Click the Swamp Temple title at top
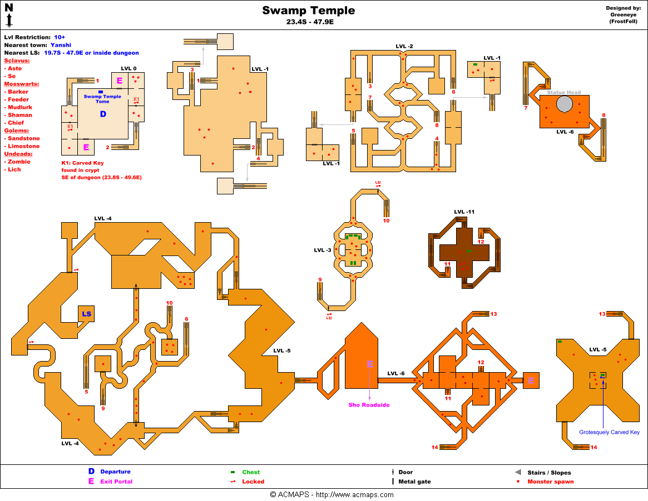click(x=308, y=11)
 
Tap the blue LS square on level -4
click(x=87, y=314)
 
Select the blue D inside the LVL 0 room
click(x=102, y=114)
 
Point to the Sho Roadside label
click(x=369, y=405)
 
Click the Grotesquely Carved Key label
click(x=609, y=432)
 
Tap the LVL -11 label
click(x=464, y=212)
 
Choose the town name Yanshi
click(x=62, y=45)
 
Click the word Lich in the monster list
click(x=14, y=169)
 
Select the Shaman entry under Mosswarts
click(x=20, y=115)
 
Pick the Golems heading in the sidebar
click(x=17, y=131)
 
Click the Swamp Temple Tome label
click(x=102, y=99)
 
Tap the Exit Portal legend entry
click(x=116, y=482)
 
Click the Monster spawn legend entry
click(x=550, y=482)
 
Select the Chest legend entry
click(x=251, y=472)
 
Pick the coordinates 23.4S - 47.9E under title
click(x=308, y=23)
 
